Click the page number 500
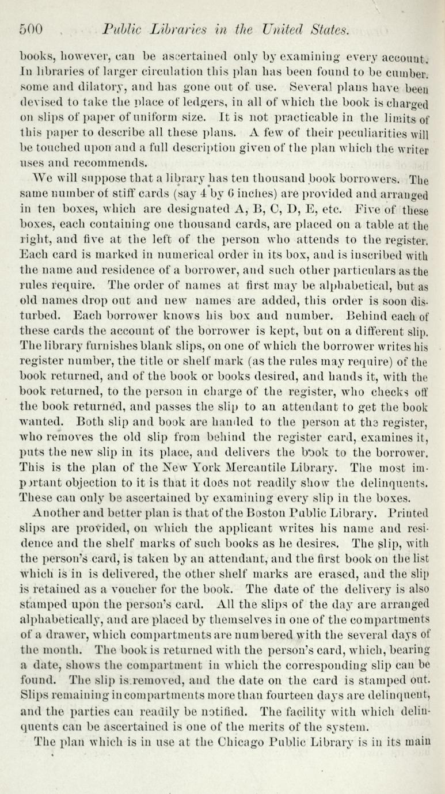pyautogui.click(x=32, y=29)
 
